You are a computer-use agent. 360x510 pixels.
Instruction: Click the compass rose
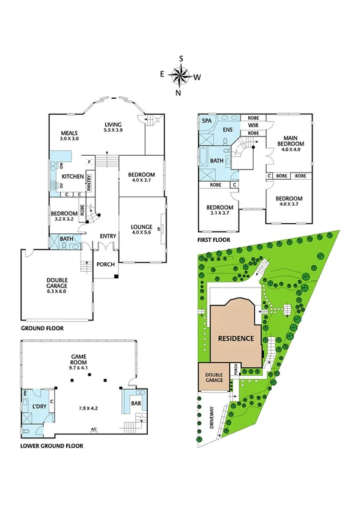tap(180, 76)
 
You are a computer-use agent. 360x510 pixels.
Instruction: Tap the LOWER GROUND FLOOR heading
tap(51, 446)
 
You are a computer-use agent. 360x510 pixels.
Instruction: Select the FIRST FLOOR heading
tap(213, 239)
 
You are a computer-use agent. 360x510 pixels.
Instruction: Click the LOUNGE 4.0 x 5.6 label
tap(142, 230)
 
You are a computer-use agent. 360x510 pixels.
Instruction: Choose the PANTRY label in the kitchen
tap(88, 181)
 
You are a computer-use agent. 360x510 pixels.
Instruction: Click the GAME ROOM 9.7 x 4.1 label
tap(78, 363)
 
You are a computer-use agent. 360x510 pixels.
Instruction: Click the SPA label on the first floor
tap(207, 121)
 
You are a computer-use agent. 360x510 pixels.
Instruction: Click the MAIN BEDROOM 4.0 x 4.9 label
tap(291, 144)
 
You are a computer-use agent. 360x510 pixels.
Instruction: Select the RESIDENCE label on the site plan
tap(235, 338)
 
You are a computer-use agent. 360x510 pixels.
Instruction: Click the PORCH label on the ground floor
tap(103, 264)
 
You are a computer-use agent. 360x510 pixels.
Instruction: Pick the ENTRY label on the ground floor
tap(108, 236)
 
